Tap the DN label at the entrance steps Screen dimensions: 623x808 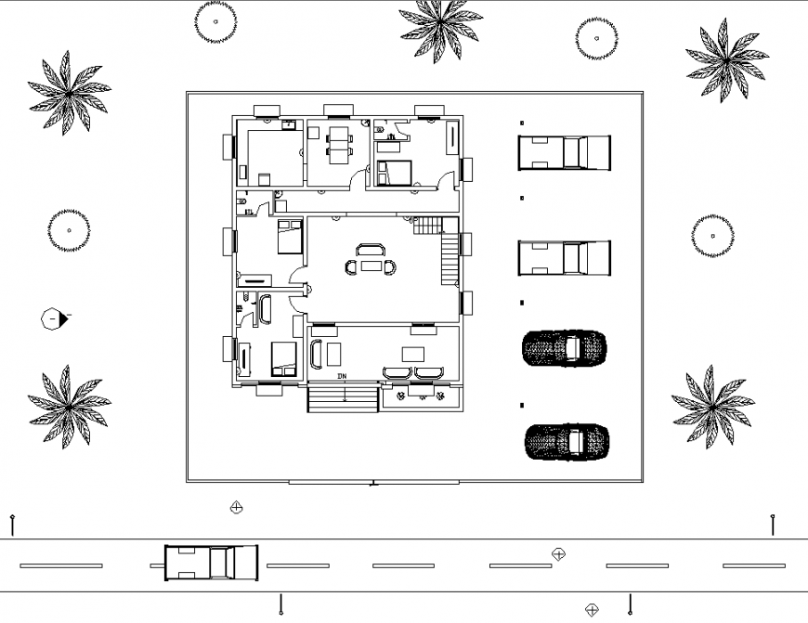point(342,376)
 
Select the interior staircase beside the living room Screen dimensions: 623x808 point(450,249)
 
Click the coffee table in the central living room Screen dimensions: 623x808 point(371,266)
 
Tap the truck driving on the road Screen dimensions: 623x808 point(211,563)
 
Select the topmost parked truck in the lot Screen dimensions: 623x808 point(564,152)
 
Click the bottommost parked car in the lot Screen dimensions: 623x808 point(567,442)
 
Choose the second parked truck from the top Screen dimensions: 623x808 point(564,258)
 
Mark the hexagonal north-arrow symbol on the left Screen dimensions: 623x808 point(53,319)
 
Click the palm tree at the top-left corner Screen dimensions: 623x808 point(68,91)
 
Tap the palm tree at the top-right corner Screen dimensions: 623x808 point(725,59)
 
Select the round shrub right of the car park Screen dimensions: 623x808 point(713,236)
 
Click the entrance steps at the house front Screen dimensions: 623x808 point(343,399)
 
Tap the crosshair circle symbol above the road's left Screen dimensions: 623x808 point(237,507)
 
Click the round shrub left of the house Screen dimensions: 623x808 point(68,229)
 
